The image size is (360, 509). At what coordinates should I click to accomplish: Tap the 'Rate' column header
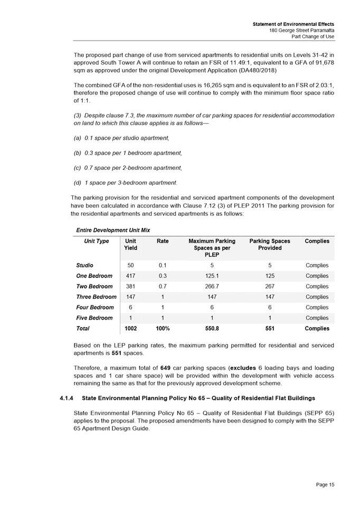(x=162, y=241)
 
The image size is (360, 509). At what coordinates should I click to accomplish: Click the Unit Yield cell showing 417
(x=130, y=276)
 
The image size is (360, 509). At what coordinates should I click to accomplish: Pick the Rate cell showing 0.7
(x=163, y=286)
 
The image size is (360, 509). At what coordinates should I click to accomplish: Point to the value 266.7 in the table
(x=211, y=286)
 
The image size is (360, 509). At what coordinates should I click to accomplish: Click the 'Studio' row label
(x=86, y=265)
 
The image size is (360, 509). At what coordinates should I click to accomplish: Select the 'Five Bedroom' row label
(x=94, y=318)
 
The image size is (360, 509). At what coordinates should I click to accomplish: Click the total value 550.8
(x=211, y=329)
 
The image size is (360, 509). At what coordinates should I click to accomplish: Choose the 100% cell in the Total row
(x=163, y=329)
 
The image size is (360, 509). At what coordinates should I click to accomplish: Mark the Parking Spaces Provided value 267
(x=269, y=286)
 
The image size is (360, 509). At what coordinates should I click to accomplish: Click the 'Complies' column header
(x=317, y=241)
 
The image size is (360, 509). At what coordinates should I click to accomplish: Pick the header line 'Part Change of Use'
(x=309, y=37)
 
